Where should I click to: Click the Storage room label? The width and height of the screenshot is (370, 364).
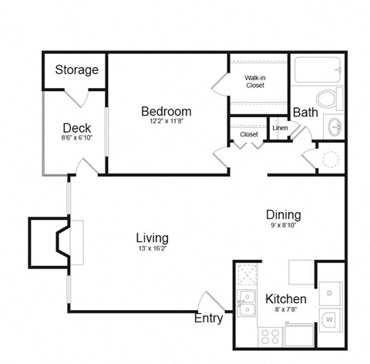(76, 70)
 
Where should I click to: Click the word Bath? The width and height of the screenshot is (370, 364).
(305, 113)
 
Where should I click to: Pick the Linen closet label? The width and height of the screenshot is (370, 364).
(279, 128)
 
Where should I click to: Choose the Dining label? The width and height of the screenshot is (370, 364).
(283, 215)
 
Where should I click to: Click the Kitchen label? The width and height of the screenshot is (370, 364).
(286, 298)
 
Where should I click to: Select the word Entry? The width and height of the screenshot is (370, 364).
(209, 318)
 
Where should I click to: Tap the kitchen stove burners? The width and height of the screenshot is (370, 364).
(271, 335)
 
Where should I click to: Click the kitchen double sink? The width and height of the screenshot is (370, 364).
(247, 303)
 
